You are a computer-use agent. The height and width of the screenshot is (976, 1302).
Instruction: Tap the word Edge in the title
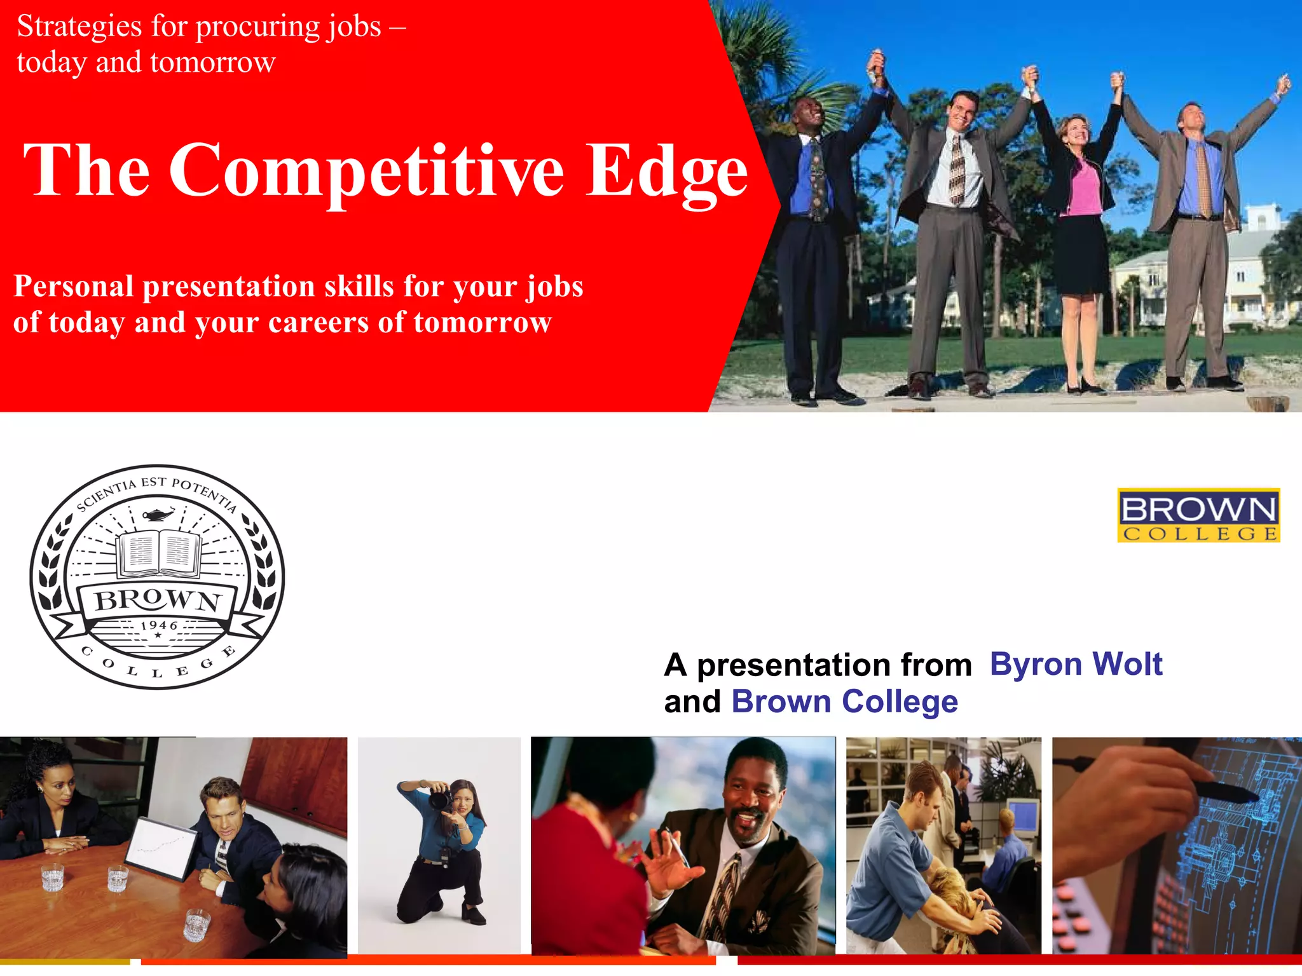pyautogui.click(x=666, y=170)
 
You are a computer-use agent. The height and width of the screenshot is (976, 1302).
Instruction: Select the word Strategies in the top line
pyautogui.click(x=79, y=27)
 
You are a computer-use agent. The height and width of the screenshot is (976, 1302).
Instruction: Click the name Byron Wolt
pyautogui.click(x=1076, y=665)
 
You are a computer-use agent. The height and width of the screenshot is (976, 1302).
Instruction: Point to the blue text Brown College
pyautogui.click(x=844, y=702)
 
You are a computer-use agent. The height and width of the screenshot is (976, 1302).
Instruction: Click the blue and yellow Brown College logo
pyautogui.click(x=1198, y=515)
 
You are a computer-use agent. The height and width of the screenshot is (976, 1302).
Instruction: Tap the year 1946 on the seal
pyautogui.click(x=158, y=625)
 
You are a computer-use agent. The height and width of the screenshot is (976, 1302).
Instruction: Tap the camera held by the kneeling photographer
pyautogui.click(x=439, y=798)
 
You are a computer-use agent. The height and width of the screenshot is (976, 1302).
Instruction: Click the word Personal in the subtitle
pyautogui.click(x=74, y=287)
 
